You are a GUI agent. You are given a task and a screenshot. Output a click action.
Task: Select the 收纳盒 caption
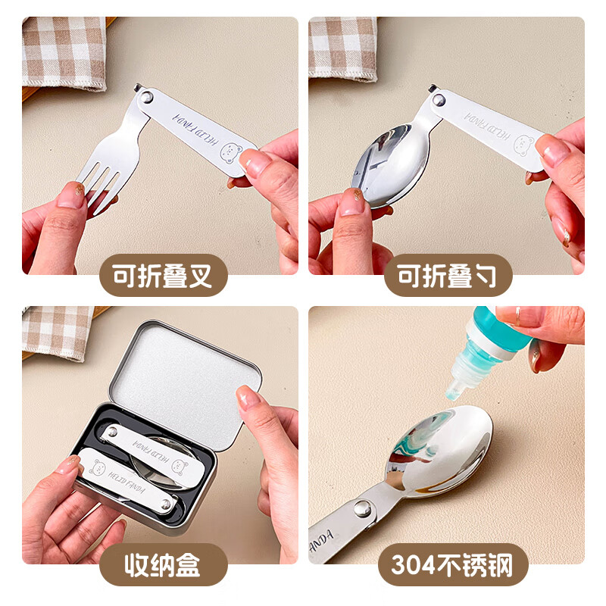(x=164, y=565)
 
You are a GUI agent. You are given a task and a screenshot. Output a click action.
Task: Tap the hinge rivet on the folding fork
(x=148, y=95)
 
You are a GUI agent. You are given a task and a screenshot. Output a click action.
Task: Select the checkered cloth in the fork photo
(x=65, y=49)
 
